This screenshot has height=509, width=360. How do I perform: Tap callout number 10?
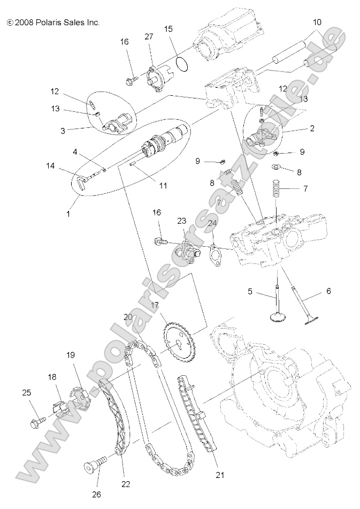pos(317,22)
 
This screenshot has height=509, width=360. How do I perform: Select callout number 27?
pos(149,36)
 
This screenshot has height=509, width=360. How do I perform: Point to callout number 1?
pos(68,214)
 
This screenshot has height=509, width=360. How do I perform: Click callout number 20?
pos(128,316)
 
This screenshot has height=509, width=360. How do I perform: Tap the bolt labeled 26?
pos(89,467)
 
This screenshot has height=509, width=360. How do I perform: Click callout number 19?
pos(71,355)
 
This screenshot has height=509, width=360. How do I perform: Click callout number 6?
pos(328,291)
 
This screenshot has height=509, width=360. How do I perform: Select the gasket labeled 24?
pos(215,255)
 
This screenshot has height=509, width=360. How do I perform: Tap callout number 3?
pos(63,130)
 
